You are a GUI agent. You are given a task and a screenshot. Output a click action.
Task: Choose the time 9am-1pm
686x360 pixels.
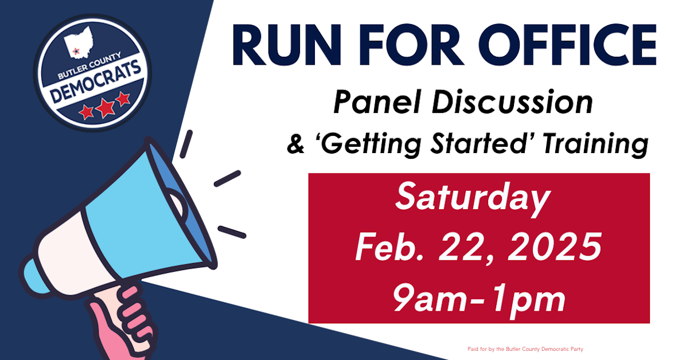coord(479,298)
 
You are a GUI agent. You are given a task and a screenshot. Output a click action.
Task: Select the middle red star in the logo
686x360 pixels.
coord(105,107)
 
